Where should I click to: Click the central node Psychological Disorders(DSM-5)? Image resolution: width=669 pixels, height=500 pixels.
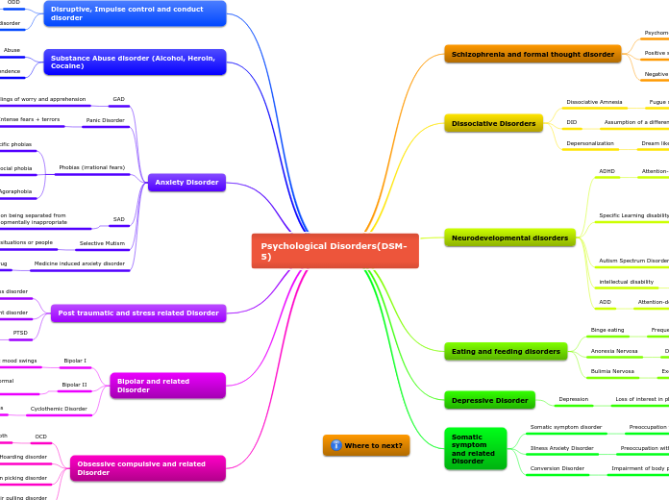point(334,251)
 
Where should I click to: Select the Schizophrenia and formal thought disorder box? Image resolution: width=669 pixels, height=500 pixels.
point(533,55)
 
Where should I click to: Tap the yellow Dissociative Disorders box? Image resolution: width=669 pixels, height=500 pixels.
point(494,123)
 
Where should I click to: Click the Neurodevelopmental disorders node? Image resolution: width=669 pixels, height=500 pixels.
point(509,237)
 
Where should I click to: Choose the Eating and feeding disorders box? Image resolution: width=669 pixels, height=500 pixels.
point(506,352)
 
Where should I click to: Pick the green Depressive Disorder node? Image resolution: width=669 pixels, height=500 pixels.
point(489,400)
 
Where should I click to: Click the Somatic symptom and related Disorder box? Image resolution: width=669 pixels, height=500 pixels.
point(475,449)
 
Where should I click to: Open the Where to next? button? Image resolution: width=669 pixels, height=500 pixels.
point(366,445)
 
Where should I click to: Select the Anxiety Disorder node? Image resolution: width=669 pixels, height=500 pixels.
point(187,183)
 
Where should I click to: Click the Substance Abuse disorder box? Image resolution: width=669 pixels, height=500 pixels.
point(135,62)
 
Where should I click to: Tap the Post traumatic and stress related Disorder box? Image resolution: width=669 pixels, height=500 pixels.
point(138,312)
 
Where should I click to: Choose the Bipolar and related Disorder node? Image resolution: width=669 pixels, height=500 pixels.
point(167,386)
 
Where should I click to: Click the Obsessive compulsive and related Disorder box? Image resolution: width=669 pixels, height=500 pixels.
point(147,468)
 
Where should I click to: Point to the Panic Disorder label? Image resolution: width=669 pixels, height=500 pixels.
point(104,120)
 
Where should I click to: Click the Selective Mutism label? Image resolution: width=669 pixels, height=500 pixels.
point(102,243)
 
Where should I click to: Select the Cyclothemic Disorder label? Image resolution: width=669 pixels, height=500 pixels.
point(59,409)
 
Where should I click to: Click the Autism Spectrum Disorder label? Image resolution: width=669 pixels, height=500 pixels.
point(633,261)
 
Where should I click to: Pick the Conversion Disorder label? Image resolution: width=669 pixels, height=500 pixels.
point(557,468)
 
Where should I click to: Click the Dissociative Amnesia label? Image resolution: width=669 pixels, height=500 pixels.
point(594,101)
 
